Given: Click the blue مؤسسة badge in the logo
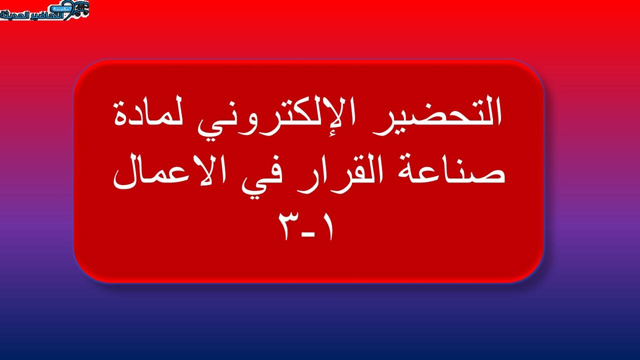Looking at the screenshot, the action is pyautogui.click(x=61, y=9).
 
